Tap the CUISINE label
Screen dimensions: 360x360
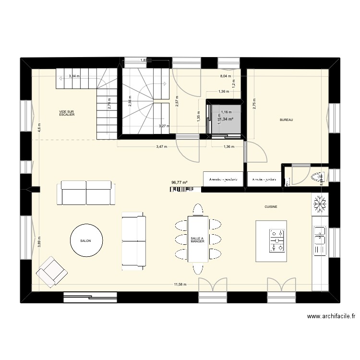(271, 207)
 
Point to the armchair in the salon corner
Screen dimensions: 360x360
(51, 272)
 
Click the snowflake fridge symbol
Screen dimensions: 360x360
(320, 204)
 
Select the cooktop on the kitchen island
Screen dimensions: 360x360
(277, 241)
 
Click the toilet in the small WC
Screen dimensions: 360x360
(317, 176)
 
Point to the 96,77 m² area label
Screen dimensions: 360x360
(179, 182)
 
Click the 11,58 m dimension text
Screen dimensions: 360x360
(180, 285)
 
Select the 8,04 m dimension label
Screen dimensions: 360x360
(225, 76)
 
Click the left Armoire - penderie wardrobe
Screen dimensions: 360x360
(224, 179)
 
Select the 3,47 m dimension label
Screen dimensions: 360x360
(162, 147)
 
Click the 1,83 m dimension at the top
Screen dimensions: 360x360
(144, 60)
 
